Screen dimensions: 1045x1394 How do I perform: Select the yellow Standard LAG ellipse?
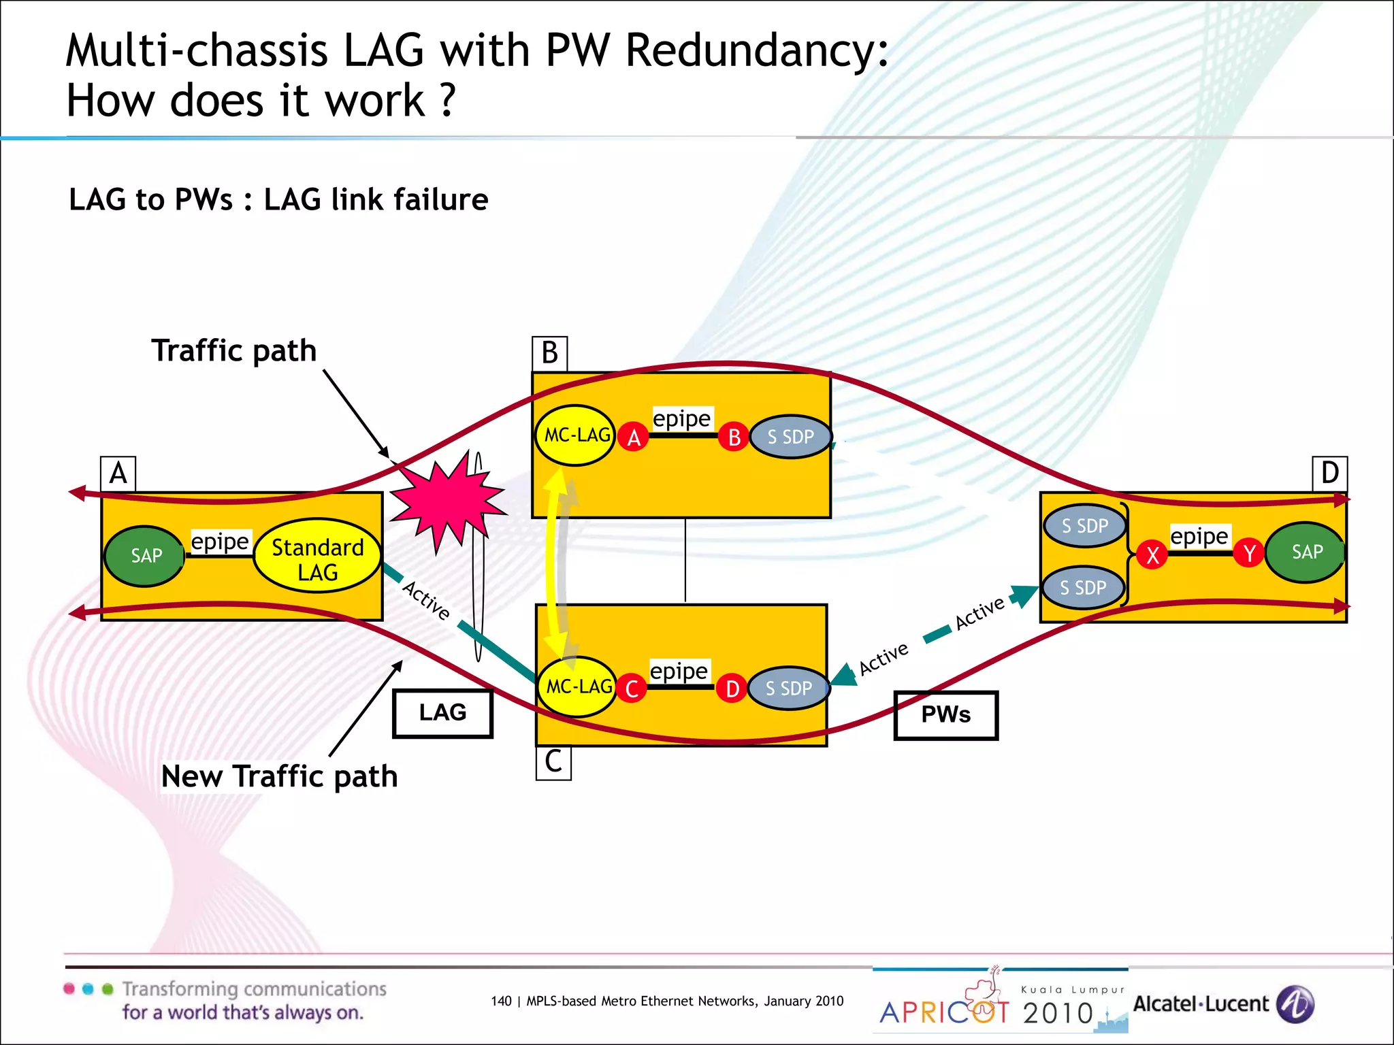point(317,555)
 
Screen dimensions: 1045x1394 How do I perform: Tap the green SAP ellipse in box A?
point(145,556)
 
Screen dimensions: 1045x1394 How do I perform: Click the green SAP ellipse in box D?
point(1305,552)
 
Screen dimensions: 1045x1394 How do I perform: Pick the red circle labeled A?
point(634,437)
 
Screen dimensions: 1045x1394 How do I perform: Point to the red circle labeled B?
point(734,437)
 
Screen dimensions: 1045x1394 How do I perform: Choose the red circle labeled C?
point(631,689)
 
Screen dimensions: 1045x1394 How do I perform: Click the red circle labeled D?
point(732,689)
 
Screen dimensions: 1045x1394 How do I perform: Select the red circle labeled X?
point(1152,555)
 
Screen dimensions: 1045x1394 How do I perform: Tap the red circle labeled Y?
point(1249,553)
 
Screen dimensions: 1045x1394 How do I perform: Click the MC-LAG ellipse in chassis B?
point(575,435)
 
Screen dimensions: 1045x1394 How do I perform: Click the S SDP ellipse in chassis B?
point(790,437)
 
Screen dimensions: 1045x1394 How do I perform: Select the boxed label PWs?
point(945,715)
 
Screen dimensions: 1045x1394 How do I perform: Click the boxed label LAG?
point(442,713)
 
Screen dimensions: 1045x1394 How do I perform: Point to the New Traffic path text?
point(279,776)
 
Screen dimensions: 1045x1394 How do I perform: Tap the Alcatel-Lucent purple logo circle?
point(1295,1003)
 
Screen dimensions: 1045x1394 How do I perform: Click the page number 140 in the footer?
point(500,1001)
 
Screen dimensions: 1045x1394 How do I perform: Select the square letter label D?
point(1329,473)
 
